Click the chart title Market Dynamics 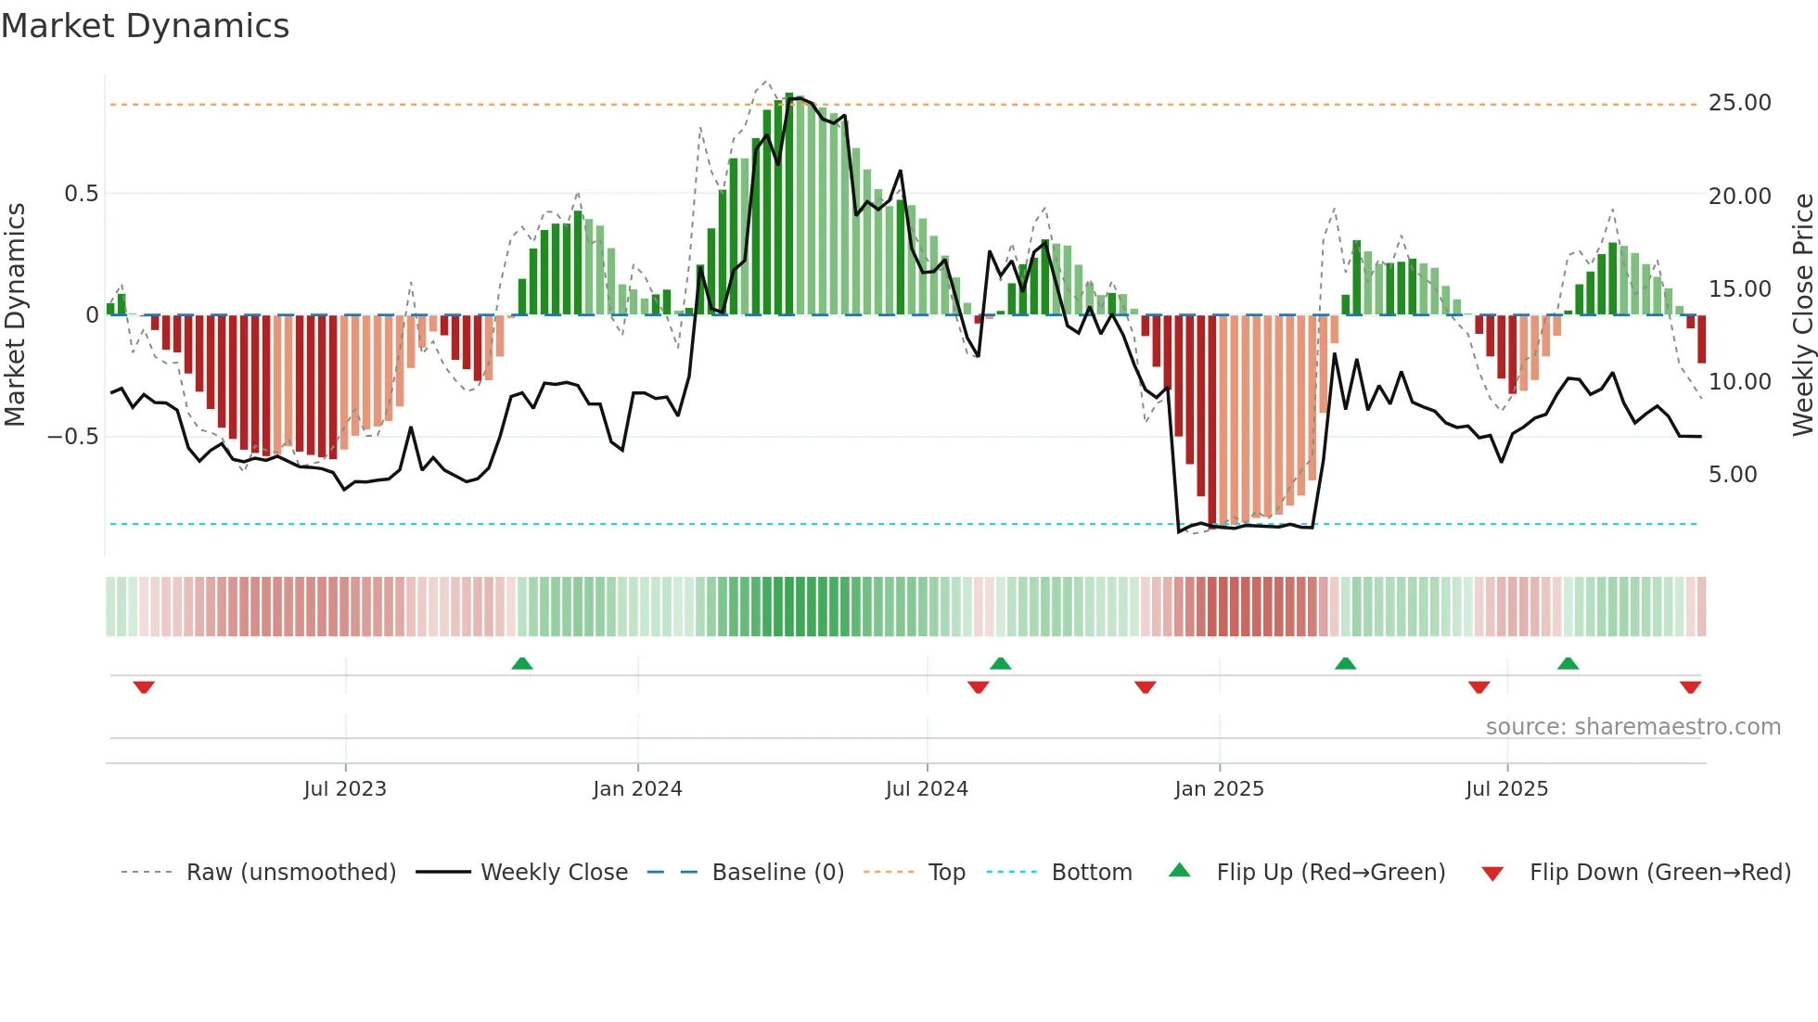pos(145,26)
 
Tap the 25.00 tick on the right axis pos(1739,103)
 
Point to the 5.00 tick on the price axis pos(1733,475)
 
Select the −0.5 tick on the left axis pos(72,437)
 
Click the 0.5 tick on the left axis pos(81,194)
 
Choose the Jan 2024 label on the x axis pos(637,789)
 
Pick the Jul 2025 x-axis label pos(1506,789)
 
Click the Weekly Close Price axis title pos(1802,314)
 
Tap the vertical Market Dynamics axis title pos(15,314)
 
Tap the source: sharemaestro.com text pos(1632,727)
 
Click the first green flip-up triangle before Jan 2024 pos(522,663)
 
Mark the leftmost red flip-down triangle pos(144,687)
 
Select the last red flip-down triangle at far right pos(1690,687)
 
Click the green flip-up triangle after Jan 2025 pos(1345,663)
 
